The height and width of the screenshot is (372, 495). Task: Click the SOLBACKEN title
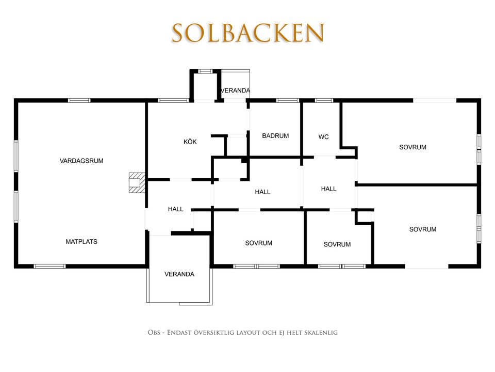coord(248,33)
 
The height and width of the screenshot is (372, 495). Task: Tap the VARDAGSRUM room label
coord(81,161)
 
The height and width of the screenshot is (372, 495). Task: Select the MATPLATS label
coord(81,242)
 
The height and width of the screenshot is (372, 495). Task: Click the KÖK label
coord(190,142)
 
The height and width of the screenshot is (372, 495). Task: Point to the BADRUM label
coord(275,136)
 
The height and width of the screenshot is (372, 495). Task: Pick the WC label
coord(324,137)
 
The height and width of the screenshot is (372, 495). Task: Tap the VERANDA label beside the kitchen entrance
coord(235,90)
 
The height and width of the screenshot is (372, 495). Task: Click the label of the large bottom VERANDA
coord(179,274)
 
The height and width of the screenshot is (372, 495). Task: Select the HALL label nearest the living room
coord(175,209)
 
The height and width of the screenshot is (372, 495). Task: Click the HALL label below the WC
coord(328,189)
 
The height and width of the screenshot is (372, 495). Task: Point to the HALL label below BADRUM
coord(262,192)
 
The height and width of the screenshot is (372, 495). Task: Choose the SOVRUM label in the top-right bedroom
coord(412,147)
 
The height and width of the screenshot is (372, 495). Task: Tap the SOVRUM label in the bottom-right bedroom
coord(423,229)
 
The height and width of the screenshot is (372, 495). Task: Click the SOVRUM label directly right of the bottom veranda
coord(258,243)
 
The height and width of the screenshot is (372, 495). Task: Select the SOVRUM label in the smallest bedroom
coord(337,244)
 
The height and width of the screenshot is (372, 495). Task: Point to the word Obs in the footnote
coord(154,333)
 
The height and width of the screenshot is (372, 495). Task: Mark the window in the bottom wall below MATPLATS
coord(49,267)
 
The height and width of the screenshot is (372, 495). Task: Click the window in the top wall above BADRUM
coord(287,101)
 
